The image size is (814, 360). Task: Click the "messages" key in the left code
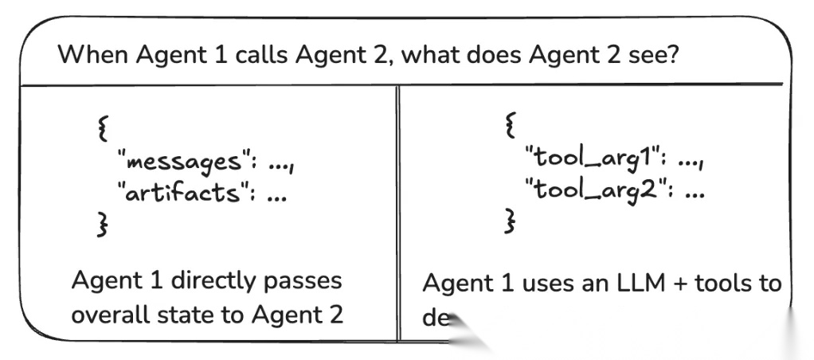(179, 162)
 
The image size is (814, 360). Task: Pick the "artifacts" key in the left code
(179, 194)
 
